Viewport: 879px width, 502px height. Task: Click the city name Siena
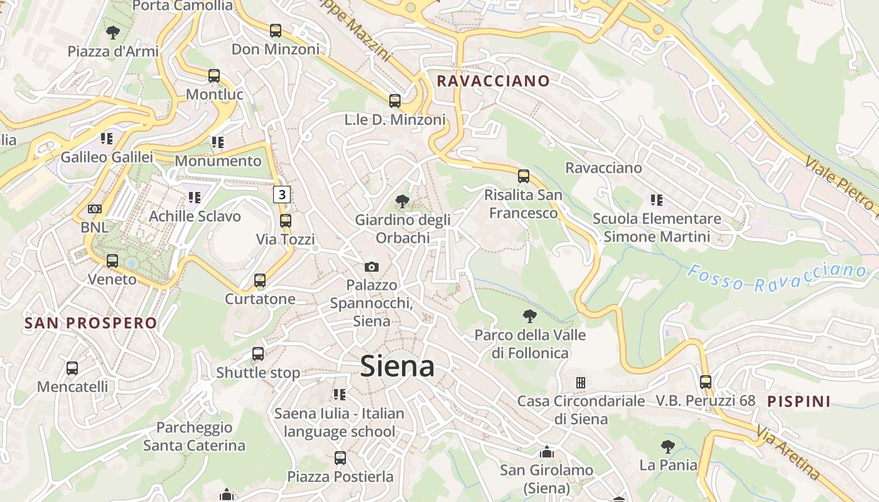click(397, 366)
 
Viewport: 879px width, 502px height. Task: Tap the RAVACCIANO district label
click(493, 81)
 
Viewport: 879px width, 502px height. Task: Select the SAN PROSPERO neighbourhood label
click(90, 323)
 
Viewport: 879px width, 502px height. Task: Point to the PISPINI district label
click(799, 402)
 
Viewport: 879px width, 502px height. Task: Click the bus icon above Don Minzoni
click(275, 31)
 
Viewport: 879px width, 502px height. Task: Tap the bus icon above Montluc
click(214, 76)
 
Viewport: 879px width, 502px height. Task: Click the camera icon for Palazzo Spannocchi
click(372, 267)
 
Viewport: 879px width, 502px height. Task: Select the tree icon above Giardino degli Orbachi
click(402, 201)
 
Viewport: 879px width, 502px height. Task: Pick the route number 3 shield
click(282, 195)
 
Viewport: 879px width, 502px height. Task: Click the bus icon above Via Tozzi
click(286, 221)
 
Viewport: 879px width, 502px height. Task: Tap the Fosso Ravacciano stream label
click(777, 278)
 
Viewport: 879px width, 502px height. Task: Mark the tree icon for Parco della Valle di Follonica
click(530, 316)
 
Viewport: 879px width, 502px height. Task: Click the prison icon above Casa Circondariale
click(581, 382)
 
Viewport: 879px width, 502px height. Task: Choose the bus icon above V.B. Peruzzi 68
click(706, 382)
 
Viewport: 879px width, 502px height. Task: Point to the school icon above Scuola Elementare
click(657, 200)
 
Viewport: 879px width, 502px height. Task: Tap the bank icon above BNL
click(95, 209)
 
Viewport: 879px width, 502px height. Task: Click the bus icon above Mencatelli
click(72, 368)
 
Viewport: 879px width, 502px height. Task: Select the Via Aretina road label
click(787, 453)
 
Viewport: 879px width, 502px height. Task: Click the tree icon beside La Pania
click(668, 447)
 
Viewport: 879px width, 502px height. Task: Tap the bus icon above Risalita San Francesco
click(524, 176)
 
